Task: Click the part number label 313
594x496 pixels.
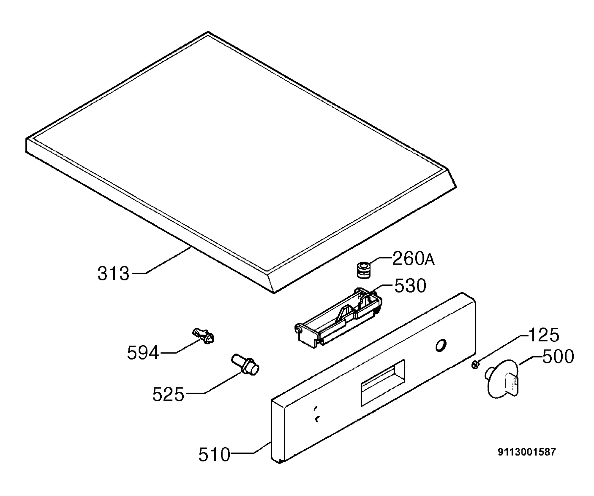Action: (x=113, y=273)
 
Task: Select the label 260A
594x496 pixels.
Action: (x=413, y=259)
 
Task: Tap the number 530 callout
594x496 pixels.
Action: (x=410, y=286)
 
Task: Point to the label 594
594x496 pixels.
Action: (x=143, y=353)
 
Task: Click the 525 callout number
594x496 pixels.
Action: (x=168, y=395)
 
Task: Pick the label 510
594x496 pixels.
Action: (x=214, y=455)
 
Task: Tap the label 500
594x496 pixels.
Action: (x=558, y=356)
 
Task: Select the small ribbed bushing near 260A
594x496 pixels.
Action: (x=364, y=270)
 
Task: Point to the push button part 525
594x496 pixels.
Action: (x=245, y=365)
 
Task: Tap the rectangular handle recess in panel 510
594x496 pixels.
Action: (x=383, y=383)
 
